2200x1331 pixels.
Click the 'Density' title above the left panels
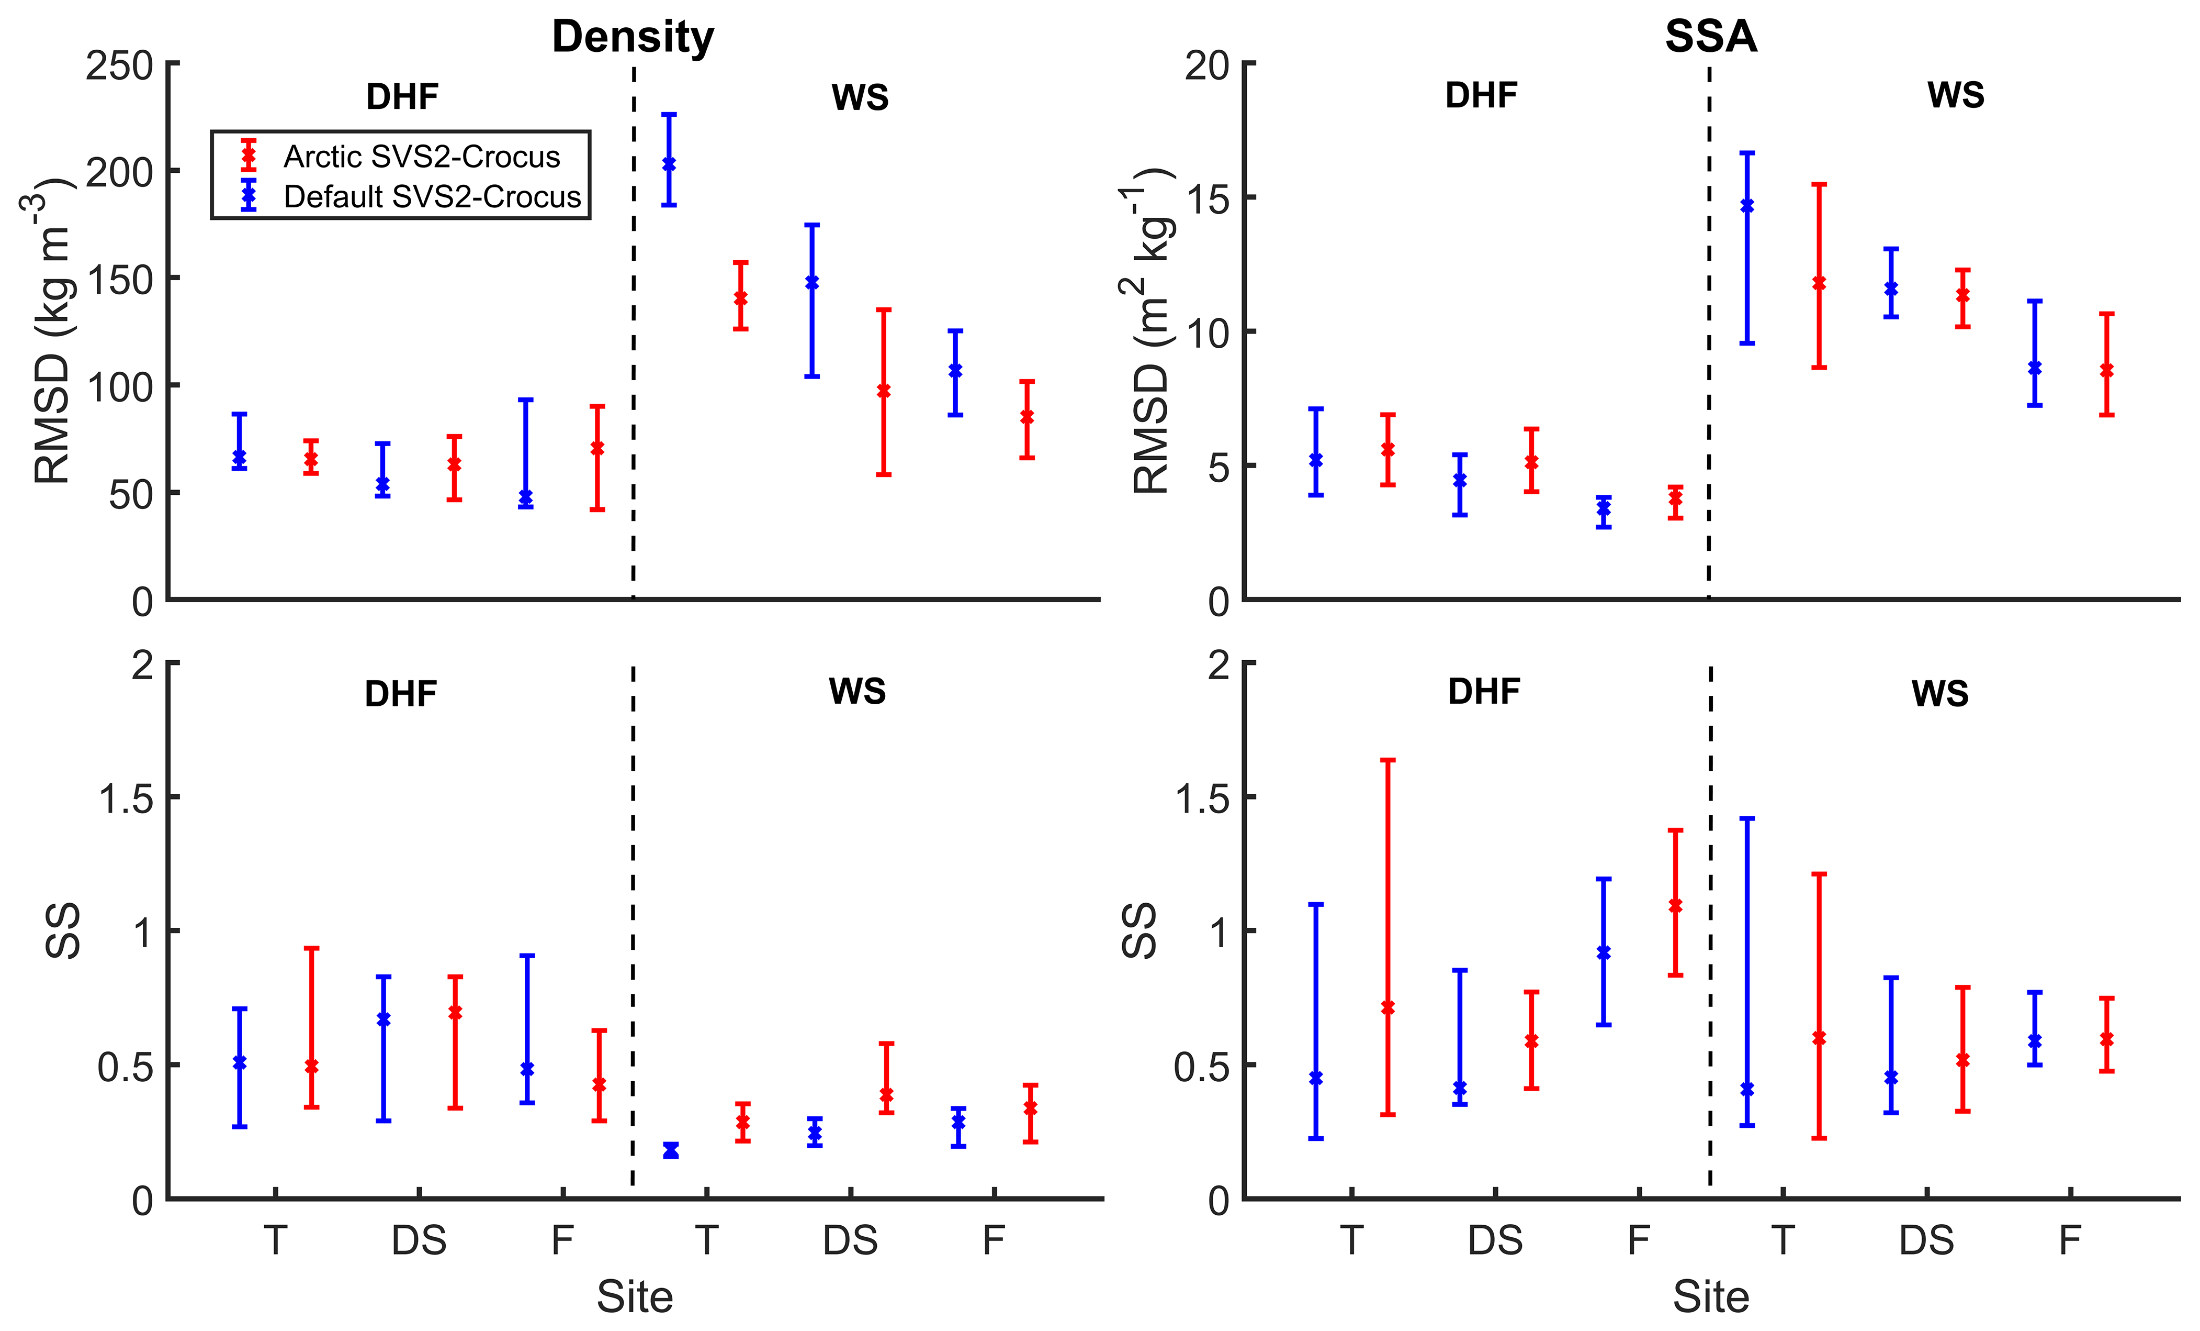point(633,38)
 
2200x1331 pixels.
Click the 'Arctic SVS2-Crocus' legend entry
point(422,157)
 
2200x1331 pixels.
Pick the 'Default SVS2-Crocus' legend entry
point(432,196)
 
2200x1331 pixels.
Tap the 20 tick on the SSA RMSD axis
point(1206,65)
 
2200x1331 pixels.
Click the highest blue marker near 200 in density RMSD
point(669,164)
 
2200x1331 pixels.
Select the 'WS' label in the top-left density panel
point(860,97)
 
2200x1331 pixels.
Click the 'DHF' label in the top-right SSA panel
point(1481,96)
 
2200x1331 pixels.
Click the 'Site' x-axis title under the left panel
point(635,1296)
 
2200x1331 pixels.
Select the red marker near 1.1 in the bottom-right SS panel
point(1675,906)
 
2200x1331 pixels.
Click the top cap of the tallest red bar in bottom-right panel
point(1387,760)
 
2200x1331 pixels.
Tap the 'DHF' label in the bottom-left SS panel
point(401,694)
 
